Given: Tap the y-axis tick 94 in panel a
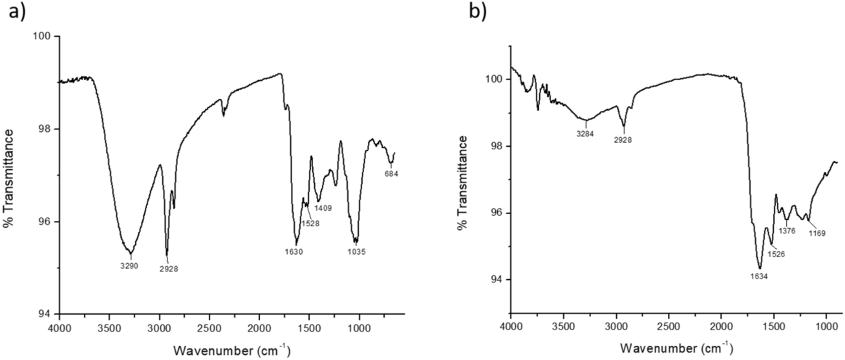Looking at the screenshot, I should [x=45, y=315].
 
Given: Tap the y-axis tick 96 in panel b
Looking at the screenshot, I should [x=498, y=213].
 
